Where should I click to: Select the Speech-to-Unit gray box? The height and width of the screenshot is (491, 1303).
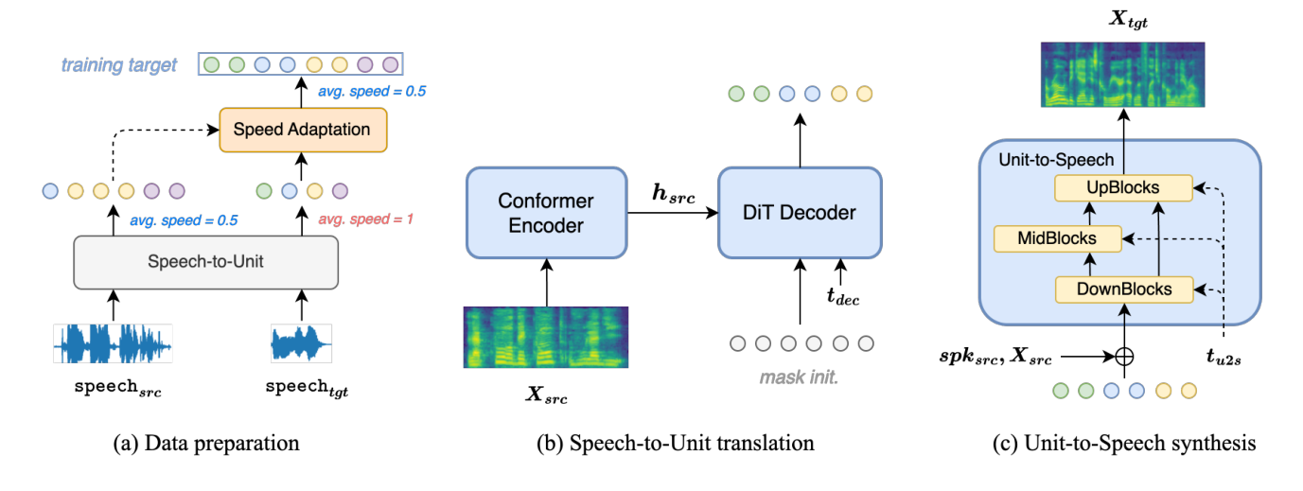coord(205,261)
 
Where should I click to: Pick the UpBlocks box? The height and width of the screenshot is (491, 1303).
coord(1121,188)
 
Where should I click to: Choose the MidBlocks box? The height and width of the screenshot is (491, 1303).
coord(1057,238)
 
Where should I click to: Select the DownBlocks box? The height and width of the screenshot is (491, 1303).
coord(1121,289)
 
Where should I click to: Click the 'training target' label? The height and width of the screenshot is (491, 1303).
coord(119,65)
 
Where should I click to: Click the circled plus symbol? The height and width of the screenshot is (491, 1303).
coord(1124,358)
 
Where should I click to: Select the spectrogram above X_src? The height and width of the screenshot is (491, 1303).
coord(545,337)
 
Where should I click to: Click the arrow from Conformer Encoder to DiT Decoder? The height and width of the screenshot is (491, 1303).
coord(672,214)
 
